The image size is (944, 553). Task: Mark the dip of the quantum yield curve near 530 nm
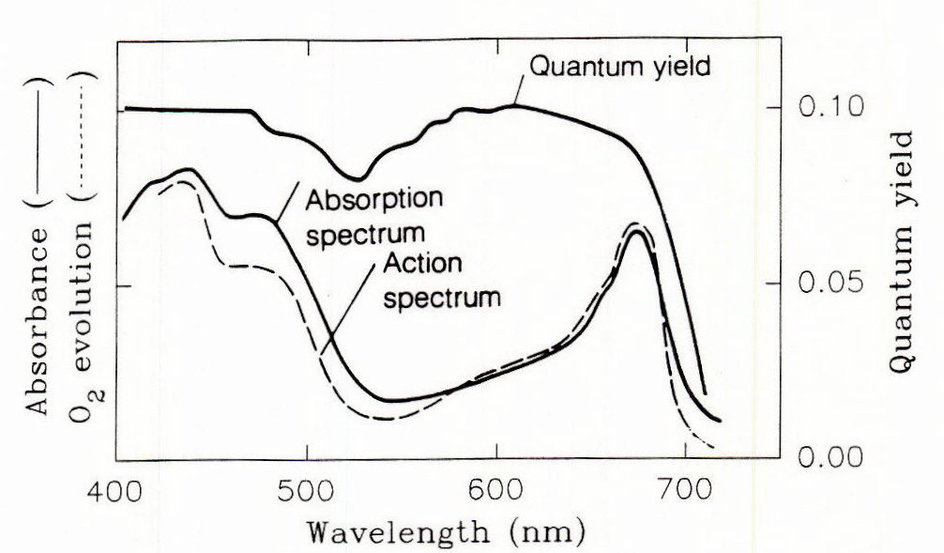click(357, 177)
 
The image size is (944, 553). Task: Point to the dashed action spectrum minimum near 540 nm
click(385, 418)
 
